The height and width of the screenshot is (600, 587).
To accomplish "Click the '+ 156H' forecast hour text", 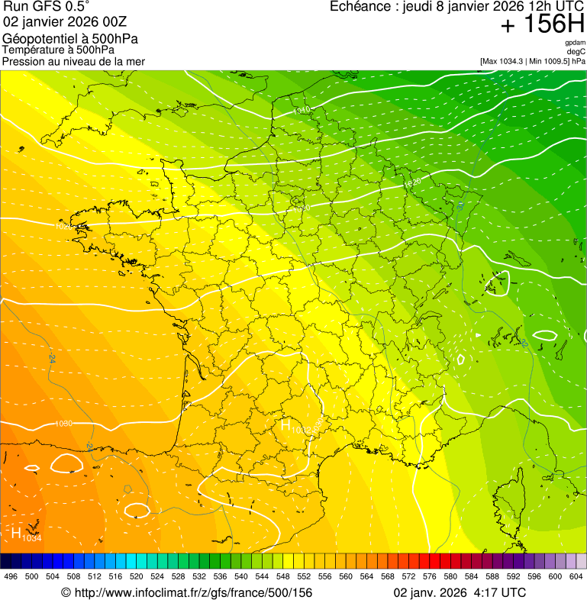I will coord(542,24).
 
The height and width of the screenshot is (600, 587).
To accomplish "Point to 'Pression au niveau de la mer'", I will coord(73,61).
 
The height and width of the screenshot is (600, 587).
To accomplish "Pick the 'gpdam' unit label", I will coord(575,43).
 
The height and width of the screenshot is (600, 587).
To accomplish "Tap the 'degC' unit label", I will coord(577,51).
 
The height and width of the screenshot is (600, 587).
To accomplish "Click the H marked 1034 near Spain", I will coord(17,532).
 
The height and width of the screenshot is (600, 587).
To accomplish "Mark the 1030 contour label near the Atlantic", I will coord(64,423).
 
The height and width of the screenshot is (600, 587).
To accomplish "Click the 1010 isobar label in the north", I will coord(302,111).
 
